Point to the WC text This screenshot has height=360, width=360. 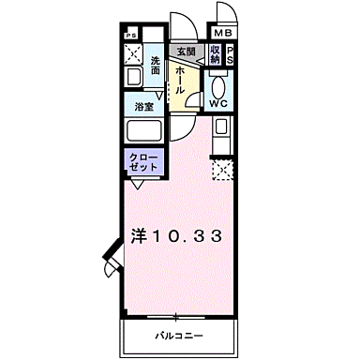pyautogui.click(x=217, y=104)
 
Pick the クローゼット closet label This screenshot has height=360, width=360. pyautogui.click(x=142, y=161)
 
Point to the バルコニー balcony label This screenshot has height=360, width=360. pyautogui.click(x=173, y=334)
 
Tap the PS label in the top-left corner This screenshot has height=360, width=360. pyautogui.click(x=128, y=36)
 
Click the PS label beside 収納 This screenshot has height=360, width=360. pyautogui.click(x=230, y=55)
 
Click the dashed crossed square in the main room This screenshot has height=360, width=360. pyautogui.click(x=221, y=170)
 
